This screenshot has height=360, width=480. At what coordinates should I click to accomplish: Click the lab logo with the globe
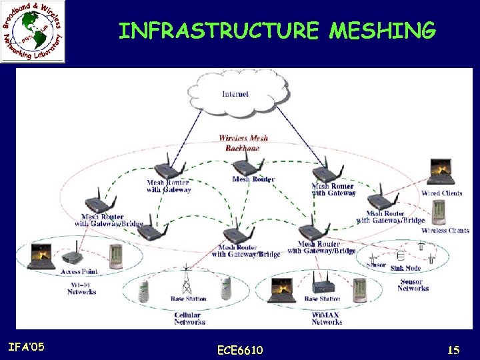coord(33,31)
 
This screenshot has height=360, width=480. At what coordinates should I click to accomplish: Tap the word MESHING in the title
coord(383,31)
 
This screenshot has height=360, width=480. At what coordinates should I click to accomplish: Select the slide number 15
coord(454,349)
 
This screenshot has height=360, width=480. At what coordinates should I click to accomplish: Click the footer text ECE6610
coord(240,350)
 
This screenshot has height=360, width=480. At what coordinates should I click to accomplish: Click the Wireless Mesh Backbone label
coord(243,143)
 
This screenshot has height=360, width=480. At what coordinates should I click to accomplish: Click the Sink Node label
coord(406,268)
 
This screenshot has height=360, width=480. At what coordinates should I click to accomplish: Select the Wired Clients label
coord(441,193)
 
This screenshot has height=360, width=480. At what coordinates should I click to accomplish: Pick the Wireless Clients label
coord(445,231)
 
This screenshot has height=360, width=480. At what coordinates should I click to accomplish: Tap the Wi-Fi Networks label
coord(82,288)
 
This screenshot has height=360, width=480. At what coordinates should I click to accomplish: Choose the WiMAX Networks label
coord(327,318)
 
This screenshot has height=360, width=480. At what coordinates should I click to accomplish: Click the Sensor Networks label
coord(413,285)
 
